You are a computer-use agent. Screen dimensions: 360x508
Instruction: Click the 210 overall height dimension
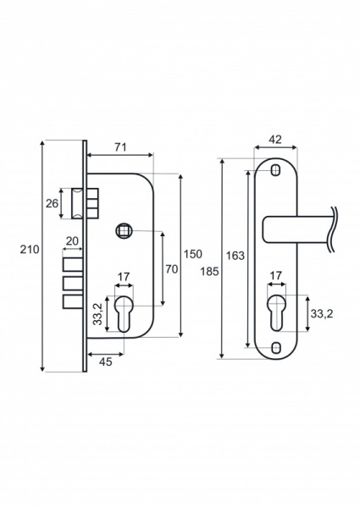click(x=30, y=250)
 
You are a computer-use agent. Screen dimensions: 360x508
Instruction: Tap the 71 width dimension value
click(x=120, y=147)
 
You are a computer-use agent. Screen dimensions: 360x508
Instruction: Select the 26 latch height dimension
click(x=52, y=203)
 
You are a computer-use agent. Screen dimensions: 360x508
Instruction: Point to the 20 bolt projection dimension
click(x=72, y=241)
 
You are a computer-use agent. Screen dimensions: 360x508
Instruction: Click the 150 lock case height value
click(x=193, y=254)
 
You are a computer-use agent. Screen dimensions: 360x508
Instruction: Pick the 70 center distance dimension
click(x=172, y=269)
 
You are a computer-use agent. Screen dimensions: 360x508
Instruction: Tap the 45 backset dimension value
click(x=105, y=362)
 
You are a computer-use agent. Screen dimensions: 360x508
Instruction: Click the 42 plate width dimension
click(x=275, y=140)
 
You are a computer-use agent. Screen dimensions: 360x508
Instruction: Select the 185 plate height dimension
click(x=209, y=272)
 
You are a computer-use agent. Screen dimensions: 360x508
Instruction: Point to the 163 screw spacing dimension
click(x=235, y=256)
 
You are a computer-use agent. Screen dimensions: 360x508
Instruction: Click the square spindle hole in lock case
click(x=124, y=230)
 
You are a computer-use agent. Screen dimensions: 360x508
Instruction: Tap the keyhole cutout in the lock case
click(x=124, y=313)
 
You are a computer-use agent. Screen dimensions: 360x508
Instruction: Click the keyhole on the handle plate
click(x=276, y=313)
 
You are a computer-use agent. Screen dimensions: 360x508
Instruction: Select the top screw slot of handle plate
click(x=276, y=170)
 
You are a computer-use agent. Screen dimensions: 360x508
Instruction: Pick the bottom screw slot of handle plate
click(x=276, y=348)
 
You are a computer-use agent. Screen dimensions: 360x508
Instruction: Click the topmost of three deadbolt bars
click(x=73, y=264)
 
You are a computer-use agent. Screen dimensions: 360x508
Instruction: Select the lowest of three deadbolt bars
click(x=73, y=302)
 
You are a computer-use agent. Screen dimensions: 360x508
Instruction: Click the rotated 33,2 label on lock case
click(x=97, y=313)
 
